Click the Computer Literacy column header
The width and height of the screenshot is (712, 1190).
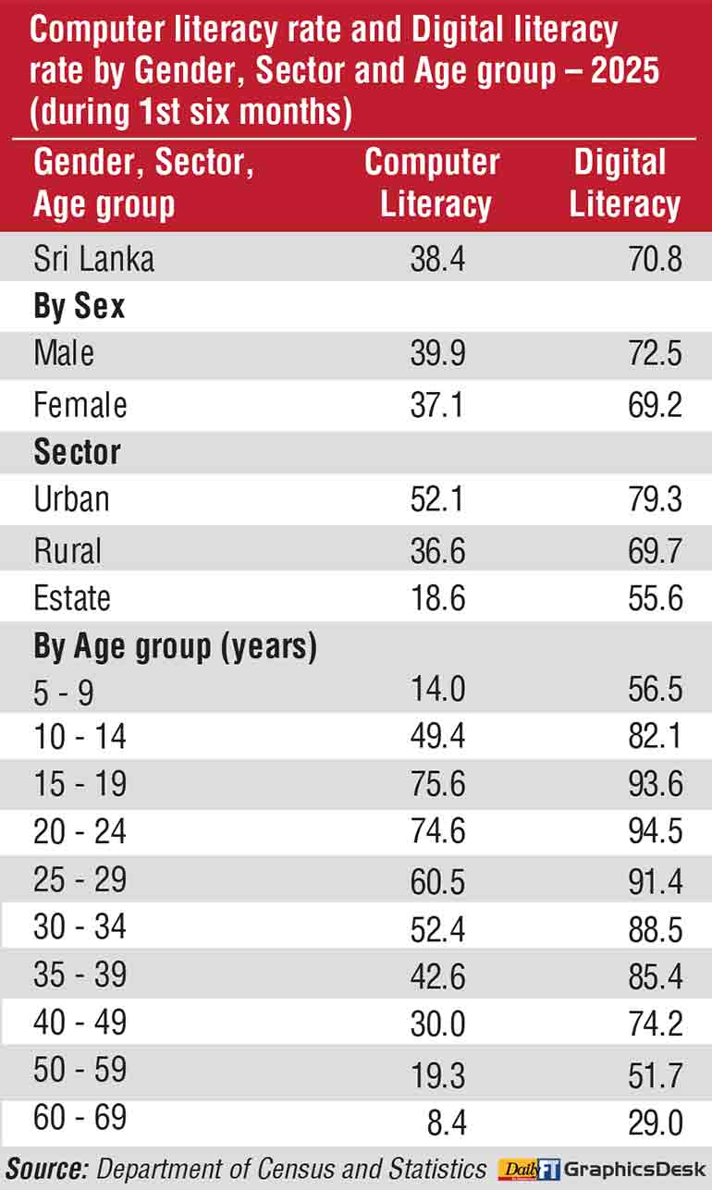click(x=432, y=183)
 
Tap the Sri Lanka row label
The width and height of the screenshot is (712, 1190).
click(x=93, y=259)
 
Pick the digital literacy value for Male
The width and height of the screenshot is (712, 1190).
click(x=655, y=353)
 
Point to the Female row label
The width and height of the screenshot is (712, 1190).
click(x=80, y=405)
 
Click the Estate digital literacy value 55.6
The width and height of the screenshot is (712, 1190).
click(x=655, y=597)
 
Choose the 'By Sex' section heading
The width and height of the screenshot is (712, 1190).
click(x=80, y=306)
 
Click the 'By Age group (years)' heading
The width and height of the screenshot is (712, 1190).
click(x=176, y=646)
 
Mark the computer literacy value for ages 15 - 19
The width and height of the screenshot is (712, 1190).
click(x=437, y=785)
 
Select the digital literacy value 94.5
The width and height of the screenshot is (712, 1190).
click(x=655, y=832)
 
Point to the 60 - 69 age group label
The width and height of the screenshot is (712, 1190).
click(x=80, y=1119)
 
